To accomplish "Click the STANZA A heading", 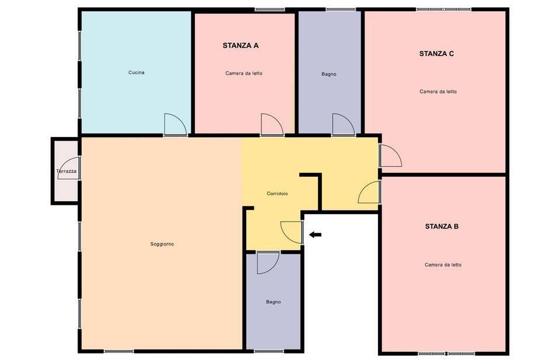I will (x=240, y=45).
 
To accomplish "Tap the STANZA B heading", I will (x=442, y=226).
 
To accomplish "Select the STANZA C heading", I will (x=436, y=54).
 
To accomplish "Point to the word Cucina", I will (x=136, y=73).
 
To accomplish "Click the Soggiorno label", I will (x=162, y=244).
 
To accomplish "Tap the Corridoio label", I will (x=277, y=194).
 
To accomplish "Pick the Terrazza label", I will (x=66, y=172).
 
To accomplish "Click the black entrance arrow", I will (x=315, y=235).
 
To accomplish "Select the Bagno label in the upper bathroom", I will (x=329, y=74).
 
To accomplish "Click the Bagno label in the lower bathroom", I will (x=274, y=302).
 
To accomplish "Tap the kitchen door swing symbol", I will (x=174, y=124).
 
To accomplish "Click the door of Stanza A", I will (x=271, y=124).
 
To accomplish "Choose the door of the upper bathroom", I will (x=343, y=124).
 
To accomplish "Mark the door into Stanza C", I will (x=390, y=155).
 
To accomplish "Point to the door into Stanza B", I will (x=370, y=192).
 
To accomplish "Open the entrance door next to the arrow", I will (x=291, y=232).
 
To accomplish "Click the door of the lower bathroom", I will (x=268, y=263).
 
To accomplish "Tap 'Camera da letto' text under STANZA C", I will (x=438, y=92).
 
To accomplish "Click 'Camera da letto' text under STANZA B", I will (x=443, y=265).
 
